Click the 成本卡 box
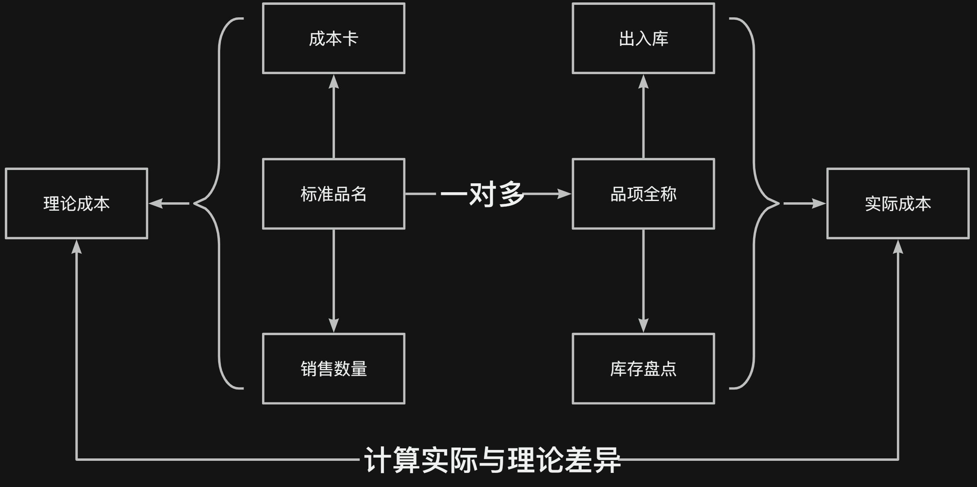(x=333, y=39)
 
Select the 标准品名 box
(x=333, y=194)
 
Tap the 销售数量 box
(x=333, y=368)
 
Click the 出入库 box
(x=643, y=39)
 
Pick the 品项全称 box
(x=643, y=194)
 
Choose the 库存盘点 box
(x=643, y=368)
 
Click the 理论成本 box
(x=76, y=203)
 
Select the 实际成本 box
(x=898, y=203)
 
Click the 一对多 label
(x=482, y=194)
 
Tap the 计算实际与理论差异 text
(x=492, y=460)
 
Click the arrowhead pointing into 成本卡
(x=334, y=82)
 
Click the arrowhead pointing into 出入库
(x=643, y=82)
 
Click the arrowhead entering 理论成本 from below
(x=76, y=247)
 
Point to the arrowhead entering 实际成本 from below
(x=898, y=247)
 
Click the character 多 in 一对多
(x=511, y=194)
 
